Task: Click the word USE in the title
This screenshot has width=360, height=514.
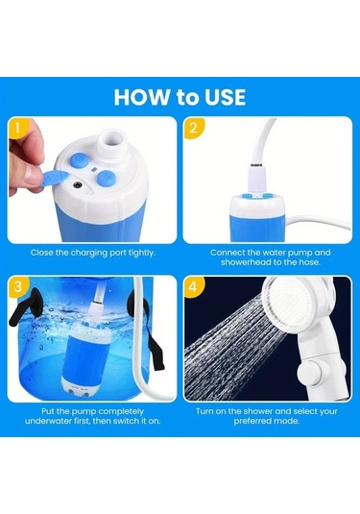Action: click(225, 97)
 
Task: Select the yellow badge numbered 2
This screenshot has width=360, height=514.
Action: click(194, 128)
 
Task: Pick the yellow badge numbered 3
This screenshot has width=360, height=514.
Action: click(18, 286)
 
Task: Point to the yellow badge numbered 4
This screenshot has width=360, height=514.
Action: click(194, 287)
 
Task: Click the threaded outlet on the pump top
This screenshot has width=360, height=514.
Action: click(112, 143)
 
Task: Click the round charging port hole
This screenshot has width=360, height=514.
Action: click(78, 185)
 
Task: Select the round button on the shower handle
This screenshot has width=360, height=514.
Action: click(308, 374)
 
